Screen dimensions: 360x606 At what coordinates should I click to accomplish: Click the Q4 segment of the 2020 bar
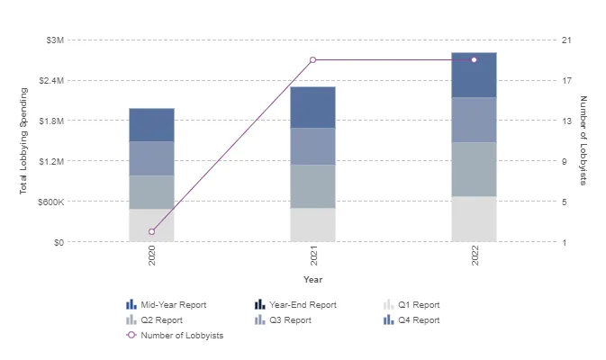tap(151, 125)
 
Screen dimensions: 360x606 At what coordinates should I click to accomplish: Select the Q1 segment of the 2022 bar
tap(474, 219)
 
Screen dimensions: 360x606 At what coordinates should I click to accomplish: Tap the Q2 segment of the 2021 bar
tap(312, 186)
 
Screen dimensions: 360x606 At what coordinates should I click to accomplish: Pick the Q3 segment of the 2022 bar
tap(474, 120)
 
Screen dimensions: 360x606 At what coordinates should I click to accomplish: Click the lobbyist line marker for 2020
tap(151, 231)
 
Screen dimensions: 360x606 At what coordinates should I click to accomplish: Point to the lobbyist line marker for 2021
tap(312, 60)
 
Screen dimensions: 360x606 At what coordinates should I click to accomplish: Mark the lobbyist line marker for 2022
tap(474, 60)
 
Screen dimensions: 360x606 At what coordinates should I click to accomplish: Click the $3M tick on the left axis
tap(54, 40)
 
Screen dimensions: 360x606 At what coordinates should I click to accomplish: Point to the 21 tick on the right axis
tap(566, 40)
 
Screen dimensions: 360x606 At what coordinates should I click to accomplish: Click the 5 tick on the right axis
tap(565, 202)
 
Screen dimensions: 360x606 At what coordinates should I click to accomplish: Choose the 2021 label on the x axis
tap(313, 258)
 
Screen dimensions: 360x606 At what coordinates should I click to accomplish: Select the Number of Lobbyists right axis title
tap(583, 141)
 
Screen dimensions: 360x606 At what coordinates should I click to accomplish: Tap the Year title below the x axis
tap(312, 280)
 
